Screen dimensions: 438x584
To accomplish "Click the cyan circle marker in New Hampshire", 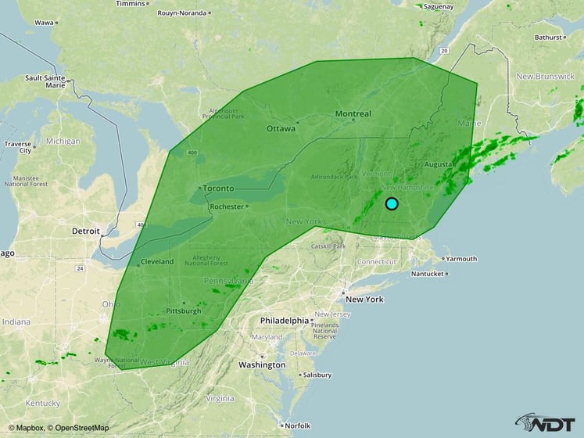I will tap(392, 204).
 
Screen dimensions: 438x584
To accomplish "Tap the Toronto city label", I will tap(218, 188).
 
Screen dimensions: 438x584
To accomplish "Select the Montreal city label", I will tap(353, 114).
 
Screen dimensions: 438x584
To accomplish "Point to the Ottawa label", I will tap(281, 128).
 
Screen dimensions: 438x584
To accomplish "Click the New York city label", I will tap(364, 300).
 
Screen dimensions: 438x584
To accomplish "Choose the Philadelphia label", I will tap(285, 320).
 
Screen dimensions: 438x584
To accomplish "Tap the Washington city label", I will tap(262, 364).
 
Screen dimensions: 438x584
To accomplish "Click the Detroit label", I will tap(85, 232).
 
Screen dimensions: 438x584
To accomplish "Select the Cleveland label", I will tap(157, 262).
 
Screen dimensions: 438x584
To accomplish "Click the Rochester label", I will tap(228, 206).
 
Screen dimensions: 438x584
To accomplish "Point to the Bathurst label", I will tap(548, 37).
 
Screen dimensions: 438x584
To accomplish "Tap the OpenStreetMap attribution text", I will tap(78, 429).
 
